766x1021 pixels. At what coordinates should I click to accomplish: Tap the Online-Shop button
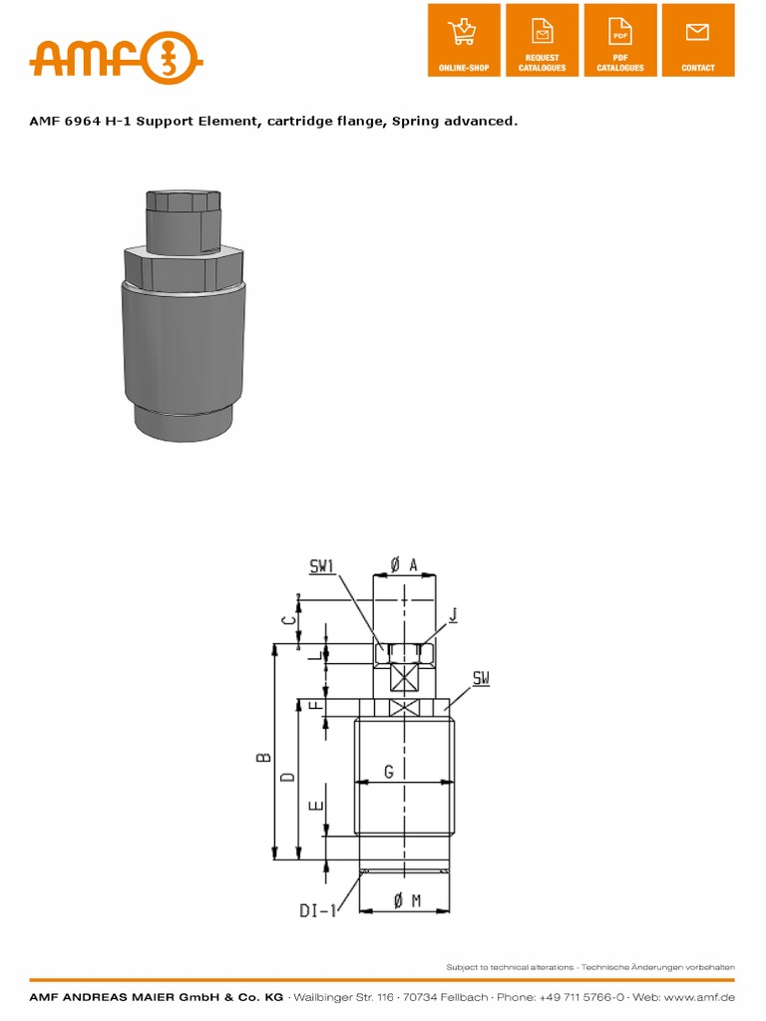pyautogui.click(x=464, y=40)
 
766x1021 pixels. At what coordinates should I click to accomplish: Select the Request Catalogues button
pyautogui.click(x=542, y=40)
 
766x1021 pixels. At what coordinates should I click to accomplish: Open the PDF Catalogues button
pyautogui.click(x=619, y=40)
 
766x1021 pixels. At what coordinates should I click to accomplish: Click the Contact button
pyautogui.click(x=697, y=40)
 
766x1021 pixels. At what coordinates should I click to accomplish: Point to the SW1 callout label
pyautogui.click(x=323, y=566)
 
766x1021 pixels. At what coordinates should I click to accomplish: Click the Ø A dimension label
pyautogui.click(x=404, y=564)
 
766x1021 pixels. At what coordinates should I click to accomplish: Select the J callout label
pyautogui.click(x=454, y=615)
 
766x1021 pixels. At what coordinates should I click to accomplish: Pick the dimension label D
pyautogui.click(x=287, y=776)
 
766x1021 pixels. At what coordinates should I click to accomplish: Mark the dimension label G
pyautogui.click(x=389, y=771)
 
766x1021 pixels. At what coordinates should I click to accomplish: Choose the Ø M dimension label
pyautogui.click(x=407, y=900)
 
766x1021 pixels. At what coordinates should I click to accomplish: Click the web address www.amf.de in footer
pyautogui.click(x=701, y=997)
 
